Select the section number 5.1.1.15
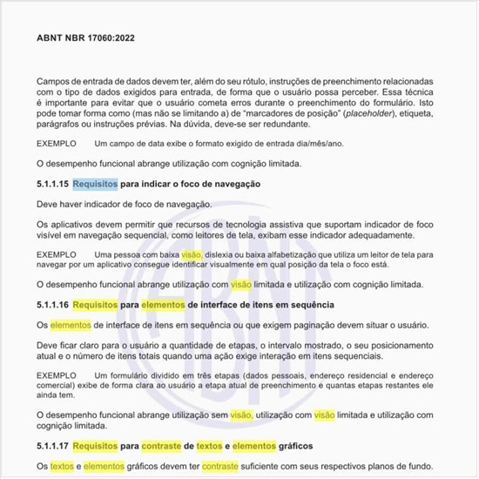pyautogui.click(x=51, y=185)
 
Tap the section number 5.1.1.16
pyautogui.click(x=51, y=305)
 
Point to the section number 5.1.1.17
pyautogui.click(x=51, y=446)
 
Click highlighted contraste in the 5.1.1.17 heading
pyautogui.click(x=165, y=446)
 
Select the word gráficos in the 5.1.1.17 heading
pyautogui.click(x=291, y=446)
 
